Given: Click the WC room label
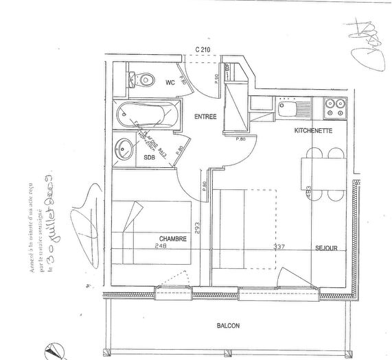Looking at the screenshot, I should click(170, 83).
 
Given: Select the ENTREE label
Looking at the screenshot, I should click(205, 117).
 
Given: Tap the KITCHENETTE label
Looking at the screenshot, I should click(314, 130).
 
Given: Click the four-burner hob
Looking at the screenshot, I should click(335, 107).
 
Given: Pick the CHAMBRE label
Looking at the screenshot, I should click(174, 239).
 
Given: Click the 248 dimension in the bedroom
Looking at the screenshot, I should click(161, 246).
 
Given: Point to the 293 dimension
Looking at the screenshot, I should click(198, 227).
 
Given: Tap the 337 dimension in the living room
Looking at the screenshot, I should click(260, 246).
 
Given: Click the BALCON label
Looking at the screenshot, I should click(228, 326).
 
